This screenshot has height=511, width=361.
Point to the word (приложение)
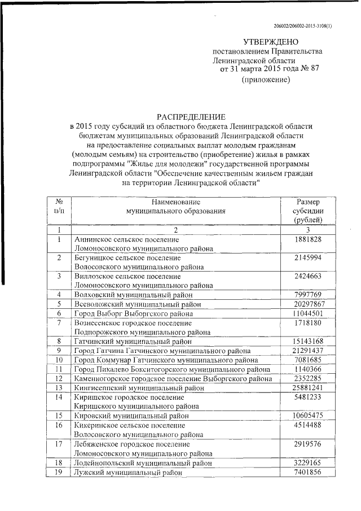pos(266,80)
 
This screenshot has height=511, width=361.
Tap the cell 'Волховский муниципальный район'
pos(134,295)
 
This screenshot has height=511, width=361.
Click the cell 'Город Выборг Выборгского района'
pos(133,313)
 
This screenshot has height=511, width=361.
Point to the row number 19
pos(59,472)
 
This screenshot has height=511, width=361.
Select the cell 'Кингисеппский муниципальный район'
pos(140,388)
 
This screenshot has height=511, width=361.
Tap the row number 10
pos(59,360)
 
